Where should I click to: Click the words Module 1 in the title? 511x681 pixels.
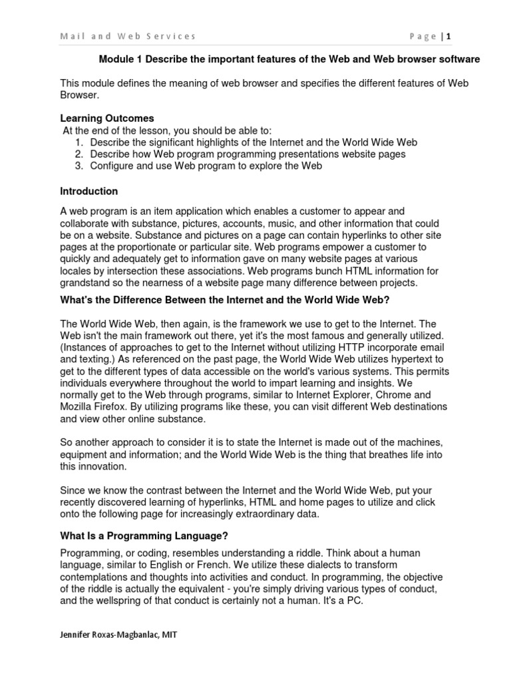click(x=120, y=59)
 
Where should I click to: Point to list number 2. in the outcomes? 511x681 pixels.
click(x=79, y=154)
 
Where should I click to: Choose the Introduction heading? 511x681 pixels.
click(x=89, y=191)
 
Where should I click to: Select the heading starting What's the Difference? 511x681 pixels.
click(x=224, y=299)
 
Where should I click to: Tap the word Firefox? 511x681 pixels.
click(x=112, y=406)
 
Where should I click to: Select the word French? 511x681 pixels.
click(x=202, y=565)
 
